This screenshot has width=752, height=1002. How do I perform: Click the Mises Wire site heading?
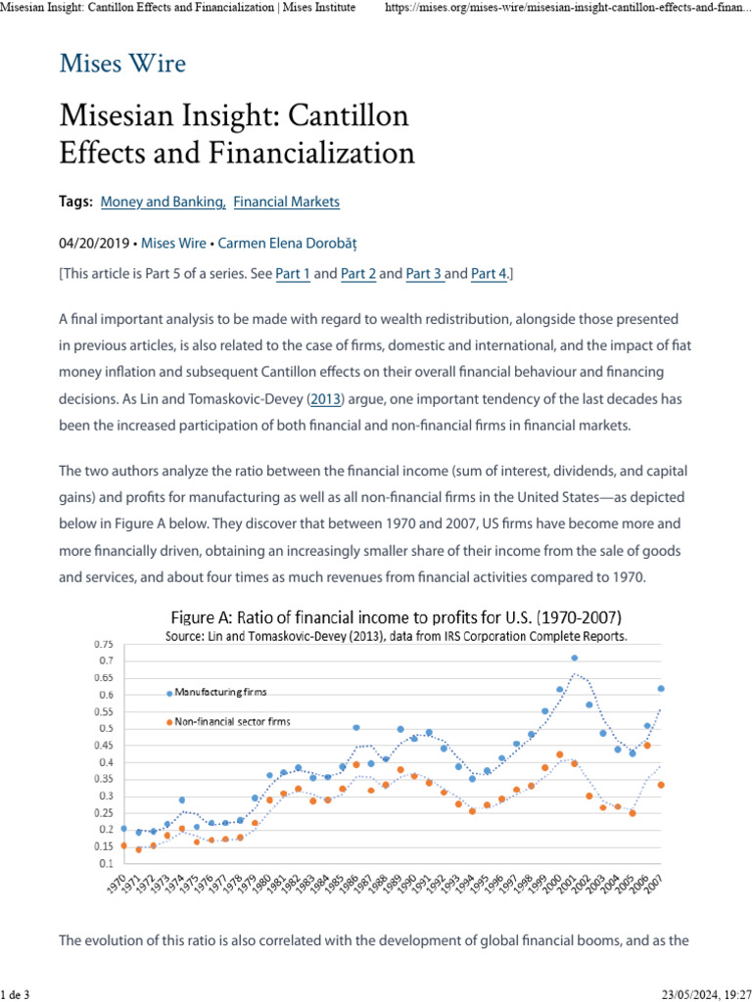pyautogui.click(x=122, y=65)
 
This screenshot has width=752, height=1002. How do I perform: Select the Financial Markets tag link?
pyautogui.click(x=287, y=202)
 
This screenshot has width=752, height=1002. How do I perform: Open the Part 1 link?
pyautogui.click(x=293, y=274)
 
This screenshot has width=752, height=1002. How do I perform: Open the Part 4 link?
pyautogui.click(x=489, y=274)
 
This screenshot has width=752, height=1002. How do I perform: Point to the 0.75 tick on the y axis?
pyautogui.click(x=103, y=645)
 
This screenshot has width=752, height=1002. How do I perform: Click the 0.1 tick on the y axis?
pyautogui.click(x=106, y=863)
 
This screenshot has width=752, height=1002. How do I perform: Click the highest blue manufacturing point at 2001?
pyautogui.click(x=574, y=658)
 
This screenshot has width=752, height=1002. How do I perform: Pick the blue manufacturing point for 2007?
pyautogui.click(x=661, y=689)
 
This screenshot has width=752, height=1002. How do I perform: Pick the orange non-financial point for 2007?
pyautogui.click(x=661, y=785)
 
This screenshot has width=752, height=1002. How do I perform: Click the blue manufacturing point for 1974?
pyautogui.click(x=181, y=800)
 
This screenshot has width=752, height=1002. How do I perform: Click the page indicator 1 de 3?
pyautogui.click(x=16, y=995)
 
